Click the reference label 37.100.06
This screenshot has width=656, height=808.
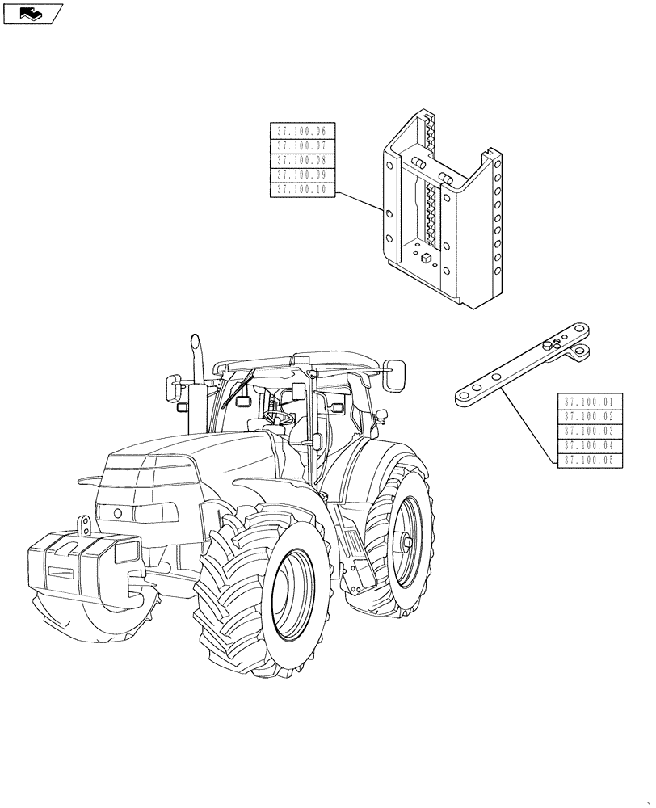[x=301, y=131]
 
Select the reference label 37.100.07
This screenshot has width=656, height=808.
[x=301, y=145]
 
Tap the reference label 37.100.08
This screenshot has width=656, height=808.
[x=301, y=160]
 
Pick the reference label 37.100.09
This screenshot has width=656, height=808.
[x=301, y=175]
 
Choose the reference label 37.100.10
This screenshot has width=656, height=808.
[x=301, y=190]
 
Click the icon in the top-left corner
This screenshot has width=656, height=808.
[x=32, y=13]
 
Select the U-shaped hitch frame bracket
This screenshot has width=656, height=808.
[x=444, y=218]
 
